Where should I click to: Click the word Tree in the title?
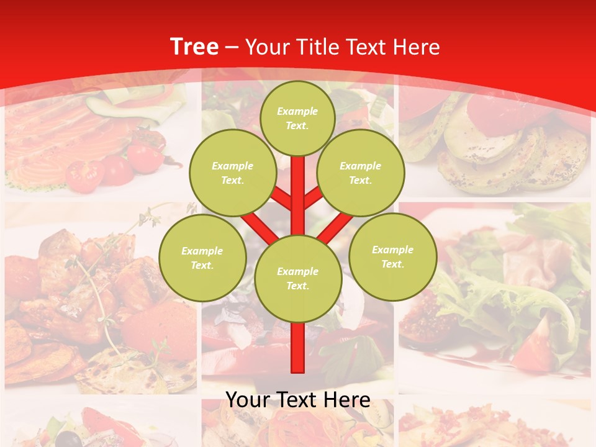194,47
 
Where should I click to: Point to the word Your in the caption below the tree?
248,400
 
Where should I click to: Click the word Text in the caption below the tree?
297,400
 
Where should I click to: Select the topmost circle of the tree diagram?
297,118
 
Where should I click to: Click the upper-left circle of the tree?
232,173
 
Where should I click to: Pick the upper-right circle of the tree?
360,173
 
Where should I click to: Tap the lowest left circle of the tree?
202,258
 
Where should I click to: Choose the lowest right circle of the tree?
392,256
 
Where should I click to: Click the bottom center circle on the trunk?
297,278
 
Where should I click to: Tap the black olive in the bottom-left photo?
74,440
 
